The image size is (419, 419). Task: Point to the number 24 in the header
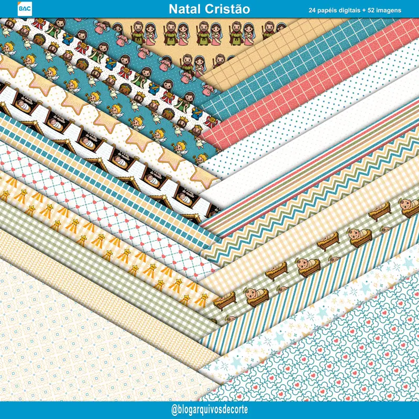(313, 10)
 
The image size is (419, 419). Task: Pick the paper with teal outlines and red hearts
(335, 356)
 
